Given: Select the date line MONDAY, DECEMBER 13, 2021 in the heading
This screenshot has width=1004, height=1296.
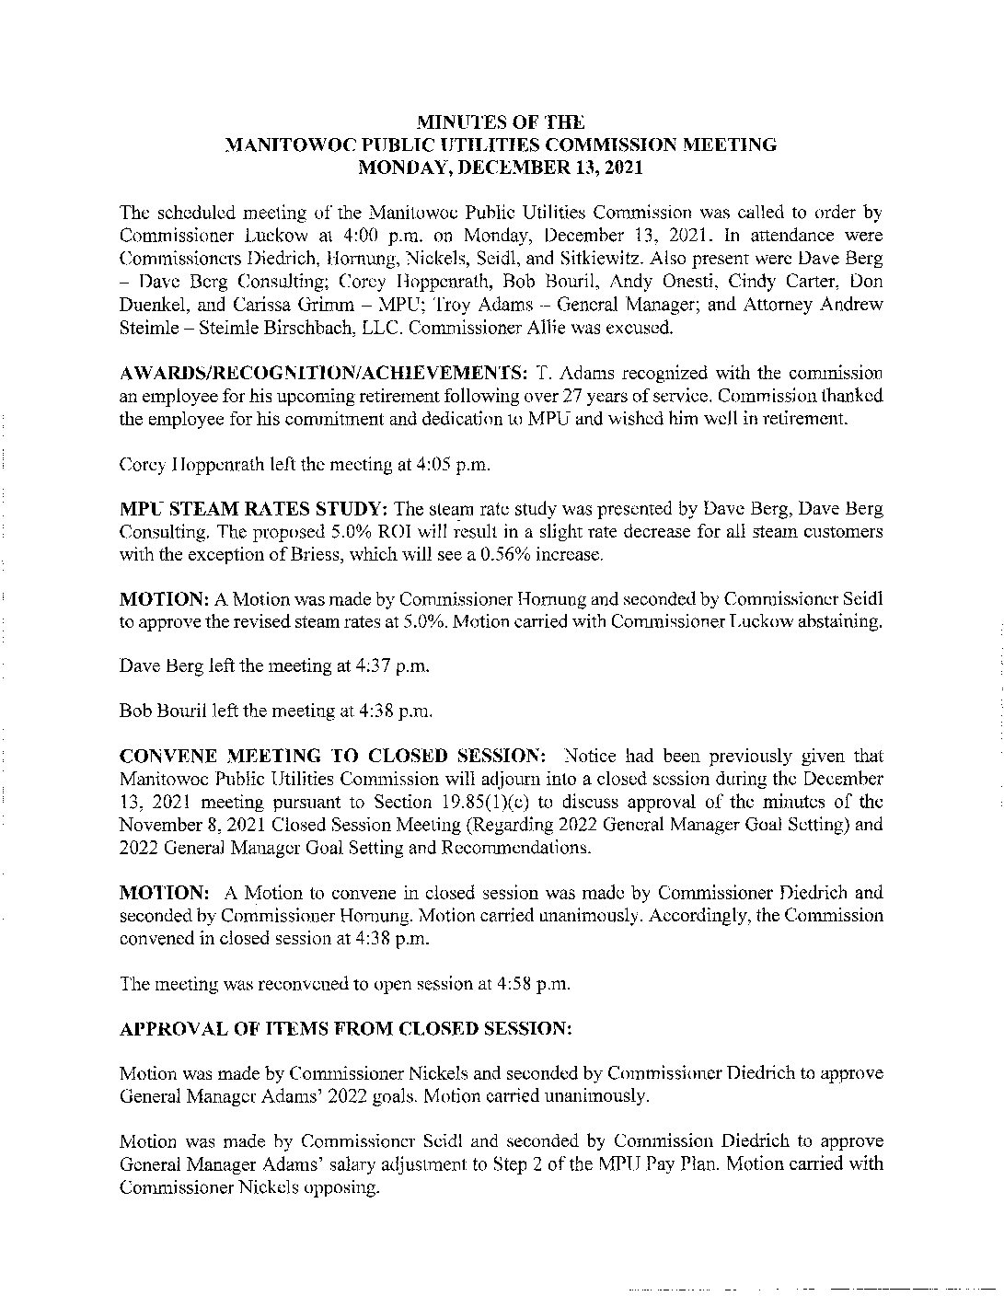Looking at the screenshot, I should (x=501, y=168).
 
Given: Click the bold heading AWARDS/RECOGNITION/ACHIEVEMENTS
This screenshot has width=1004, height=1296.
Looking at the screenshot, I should (x=323, y=373).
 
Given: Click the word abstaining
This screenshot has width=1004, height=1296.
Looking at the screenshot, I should (x=840, y=621).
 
